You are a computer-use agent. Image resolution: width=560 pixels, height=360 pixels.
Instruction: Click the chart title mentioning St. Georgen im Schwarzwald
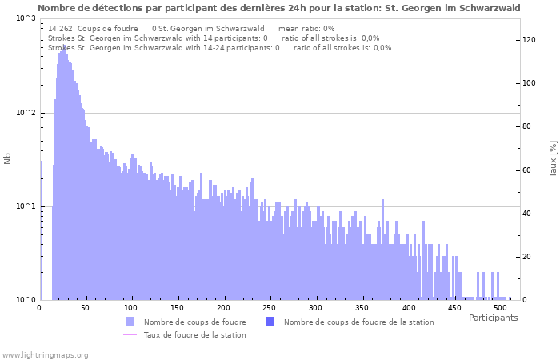tap(278, 8)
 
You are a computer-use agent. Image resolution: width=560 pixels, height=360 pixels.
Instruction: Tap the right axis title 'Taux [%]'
tap(553, 159)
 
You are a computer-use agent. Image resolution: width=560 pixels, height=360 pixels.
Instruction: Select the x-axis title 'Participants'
tap(493, 318)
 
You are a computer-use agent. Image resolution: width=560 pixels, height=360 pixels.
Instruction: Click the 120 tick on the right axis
tap(530, 40)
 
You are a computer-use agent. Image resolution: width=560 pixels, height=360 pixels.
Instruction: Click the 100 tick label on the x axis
tap(132, 308)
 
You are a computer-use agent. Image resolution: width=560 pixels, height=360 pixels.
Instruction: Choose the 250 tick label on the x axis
tap(270, 308)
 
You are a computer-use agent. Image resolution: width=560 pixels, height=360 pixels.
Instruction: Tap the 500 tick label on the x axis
tap(500, 308)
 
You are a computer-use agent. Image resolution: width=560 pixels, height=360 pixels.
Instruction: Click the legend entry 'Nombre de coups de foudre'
tap(194, 322)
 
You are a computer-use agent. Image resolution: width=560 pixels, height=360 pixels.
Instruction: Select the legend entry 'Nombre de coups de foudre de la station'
tap(358, 322)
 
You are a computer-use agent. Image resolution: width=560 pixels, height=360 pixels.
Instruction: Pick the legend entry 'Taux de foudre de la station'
tap(194, 334)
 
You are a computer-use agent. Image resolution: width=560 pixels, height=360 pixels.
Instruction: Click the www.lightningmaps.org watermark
tap(45, 354)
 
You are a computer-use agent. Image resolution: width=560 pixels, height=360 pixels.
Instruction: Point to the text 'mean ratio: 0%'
tap(306, 28)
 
